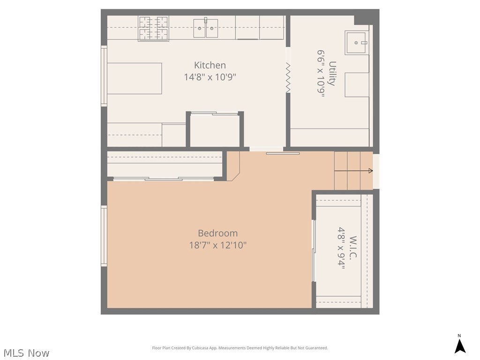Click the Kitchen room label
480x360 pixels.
[210, 65]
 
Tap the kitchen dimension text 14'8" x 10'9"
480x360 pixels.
[210, 77]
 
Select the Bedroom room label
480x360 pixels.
[217, 233]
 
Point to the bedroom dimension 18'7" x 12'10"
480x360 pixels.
[217, 245]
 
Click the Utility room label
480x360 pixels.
[332, 74]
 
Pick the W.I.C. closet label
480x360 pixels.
[353, 247]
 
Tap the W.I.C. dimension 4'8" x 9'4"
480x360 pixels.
[341, 248]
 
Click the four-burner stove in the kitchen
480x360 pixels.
[153, 29]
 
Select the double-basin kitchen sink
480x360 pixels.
[205, 28]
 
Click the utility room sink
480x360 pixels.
[356, 43]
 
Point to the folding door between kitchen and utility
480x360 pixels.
[288, 78]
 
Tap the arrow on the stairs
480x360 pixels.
[353, 171]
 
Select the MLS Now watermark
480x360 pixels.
[26, 353]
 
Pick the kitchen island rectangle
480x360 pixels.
[135, 78]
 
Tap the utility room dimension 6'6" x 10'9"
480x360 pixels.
[321, 74]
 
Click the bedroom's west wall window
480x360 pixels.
[104, 236]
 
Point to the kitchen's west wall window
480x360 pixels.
[104, 76]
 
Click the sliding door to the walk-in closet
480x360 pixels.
[314, 250]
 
